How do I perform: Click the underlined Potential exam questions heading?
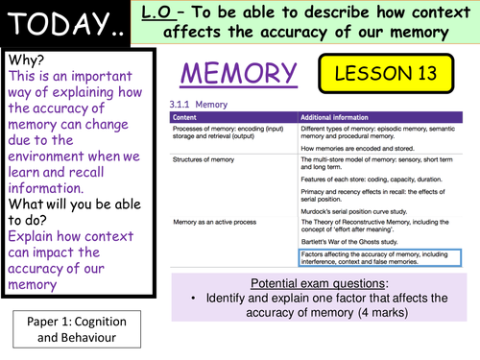pyautogui.click(x=317, y=286)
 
